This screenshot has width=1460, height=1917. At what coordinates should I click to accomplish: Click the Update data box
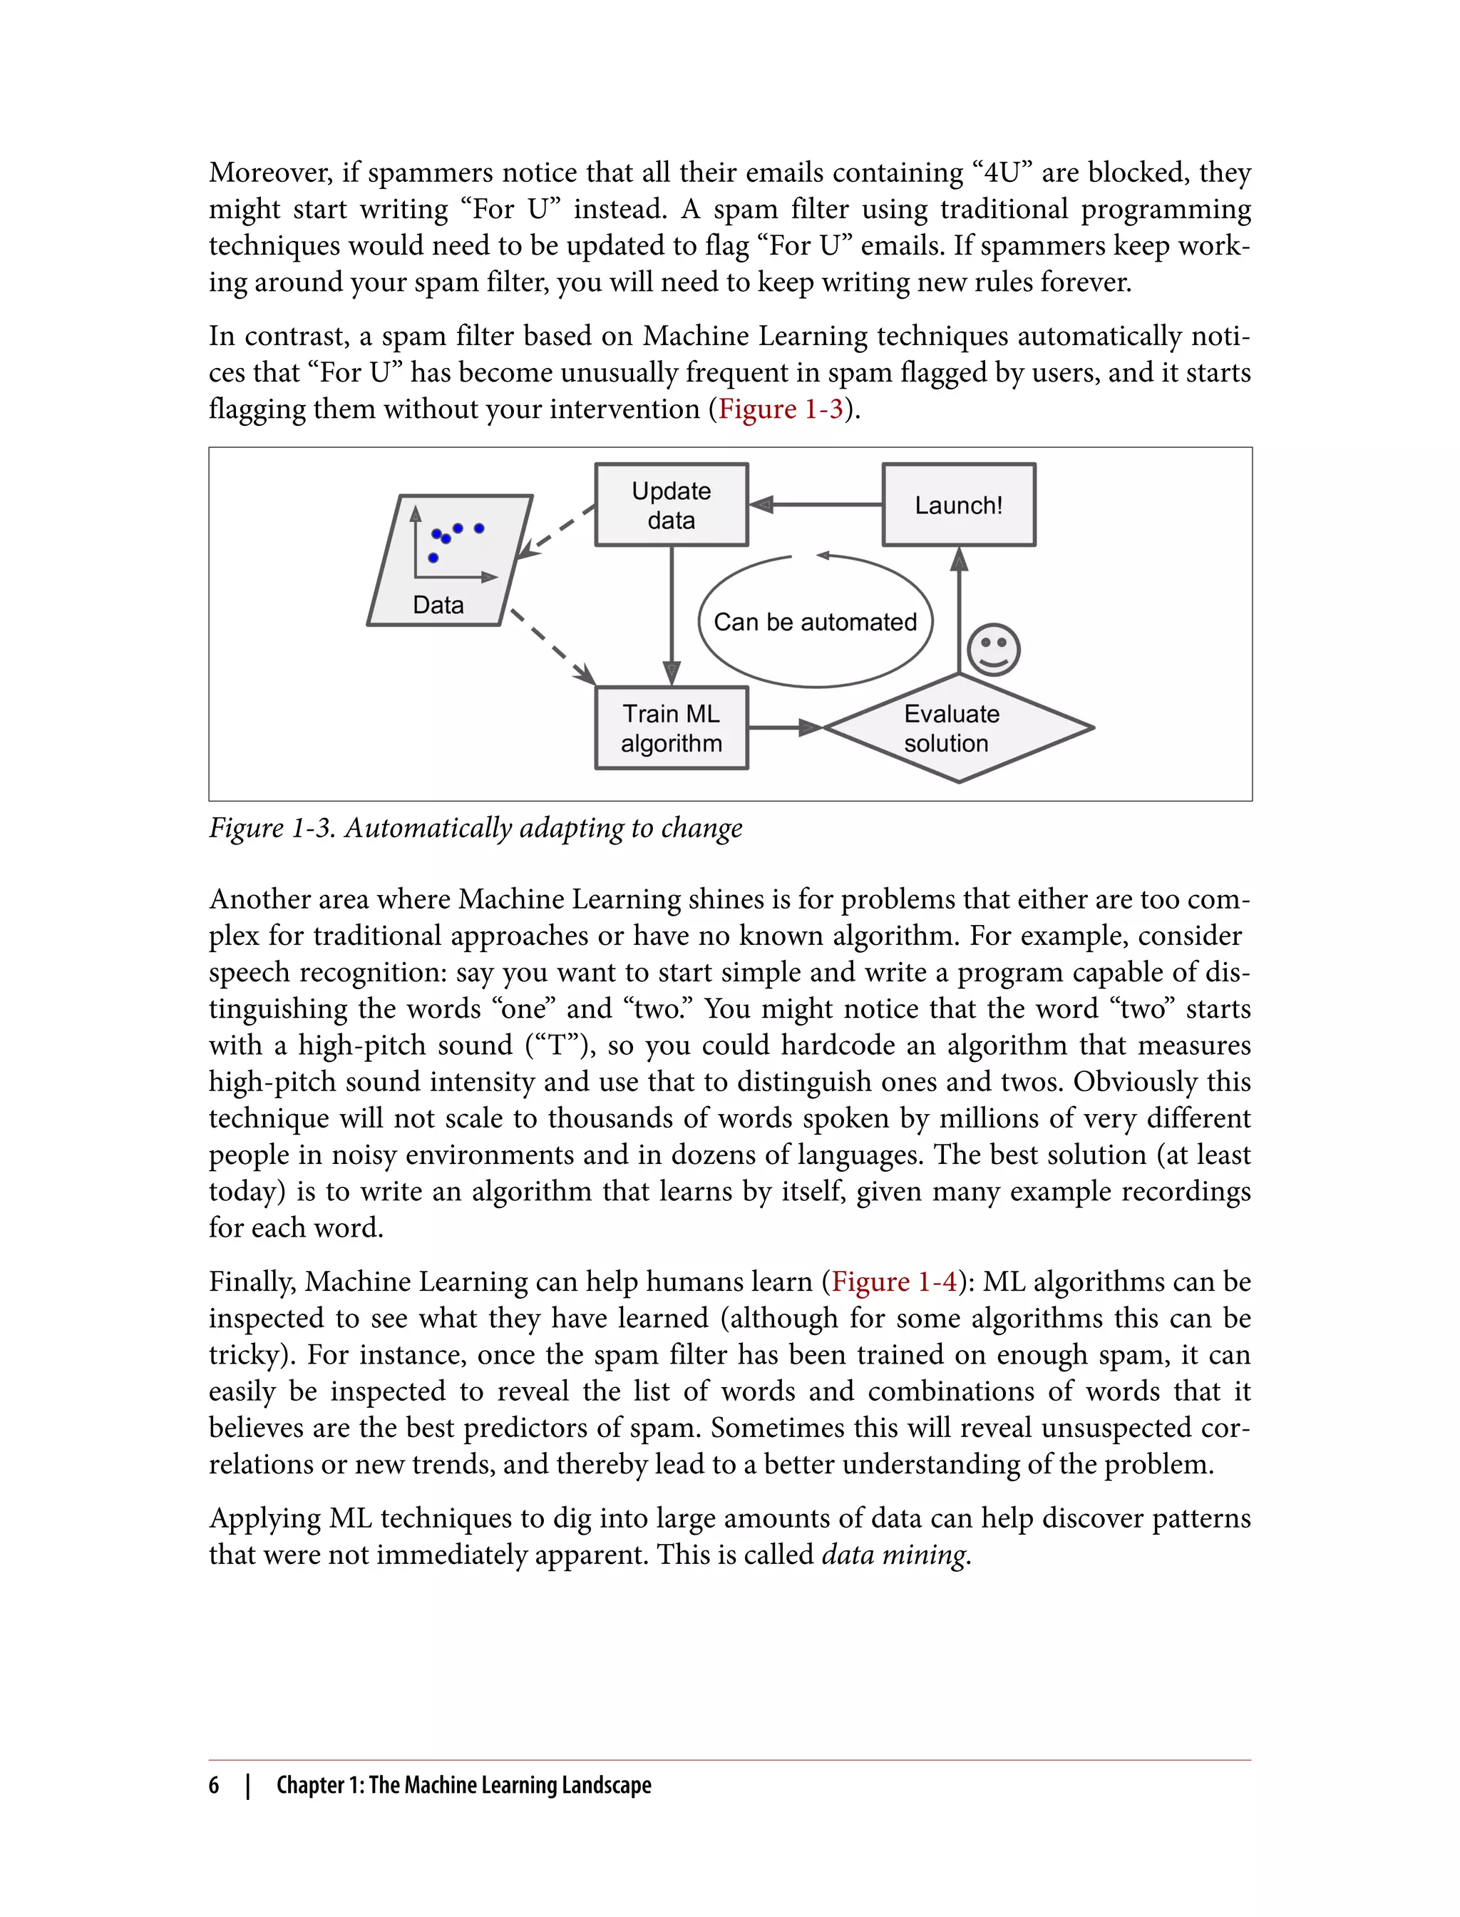[671, 505]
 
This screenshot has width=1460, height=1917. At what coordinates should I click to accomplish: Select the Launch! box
[959, 505]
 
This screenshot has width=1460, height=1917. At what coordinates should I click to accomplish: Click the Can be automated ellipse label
[815, 623]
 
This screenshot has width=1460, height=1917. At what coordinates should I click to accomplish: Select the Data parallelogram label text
[438, 605]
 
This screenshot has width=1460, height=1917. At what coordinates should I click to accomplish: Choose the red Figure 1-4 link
[893, 1282]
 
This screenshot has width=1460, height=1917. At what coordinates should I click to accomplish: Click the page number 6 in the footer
[214, 1785]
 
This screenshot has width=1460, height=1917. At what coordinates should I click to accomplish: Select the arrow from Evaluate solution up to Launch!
[959, 608]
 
